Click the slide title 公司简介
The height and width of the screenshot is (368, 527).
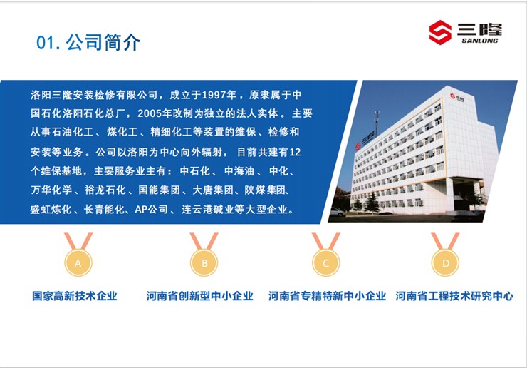103,42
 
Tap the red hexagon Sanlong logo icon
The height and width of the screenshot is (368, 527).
440,32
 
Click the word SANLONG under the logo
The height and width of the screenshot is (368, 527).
479,41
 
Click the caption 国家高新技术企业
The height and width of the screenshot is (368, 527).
75,296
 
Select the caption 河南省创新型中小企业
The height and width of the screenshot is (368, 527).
199,296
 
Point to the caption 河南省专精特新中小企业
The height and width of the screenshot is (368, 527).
327,296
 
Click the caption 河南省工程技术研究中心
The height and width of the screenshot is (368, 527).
454,296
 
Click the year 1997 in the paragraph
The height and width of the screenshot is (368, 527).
214,95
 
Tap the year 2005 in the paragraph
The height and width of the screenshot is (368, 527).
150,113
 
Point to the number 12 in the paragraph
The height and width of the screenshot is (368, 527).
295,152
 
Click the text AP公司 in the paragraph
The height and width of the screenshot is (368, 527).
151,210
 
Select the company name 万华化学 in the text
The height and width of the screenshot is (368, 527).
51,190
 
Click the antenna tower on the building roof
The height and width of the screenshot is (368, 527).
377,122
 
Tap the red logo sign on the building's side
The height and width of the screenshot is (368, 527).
358,146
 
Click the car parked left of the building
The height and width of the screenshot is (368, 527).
337,212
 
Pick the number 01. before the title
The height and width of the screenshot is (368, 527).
48,43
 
